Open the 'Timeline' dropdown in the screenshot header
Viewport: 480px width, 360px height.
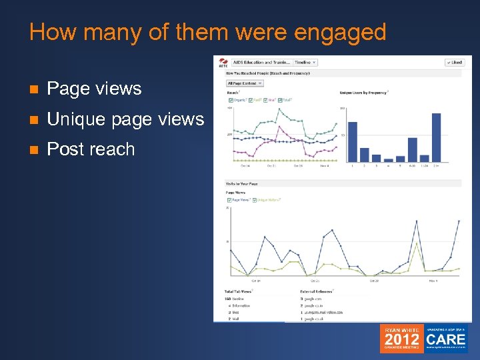click(x=305, y=62)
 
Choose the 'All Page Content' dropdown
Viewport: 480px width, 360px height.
click(x=245, y=83)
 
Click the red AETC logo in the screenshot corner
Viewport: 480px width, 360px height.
click(x=222, y=63)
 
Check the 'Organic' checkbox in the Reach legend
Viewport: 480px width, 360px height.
click(x=229, y=100)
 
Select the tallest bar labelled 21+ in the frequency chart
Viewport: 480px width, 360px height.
click(x=436, y=137)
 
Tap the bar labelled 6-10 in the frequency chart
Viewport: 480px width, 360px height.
click(x=412, y=150)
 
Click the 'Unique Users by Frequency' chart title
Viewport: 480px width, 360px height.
click(x=364, y=92)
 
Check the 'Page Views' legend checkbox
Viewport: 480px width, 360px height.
click(x=229, y=199)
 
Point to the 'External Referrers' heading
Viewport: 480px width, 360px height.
click(x=317, y=291)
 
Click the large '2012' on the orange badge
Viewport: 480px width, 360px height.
click(x=402, y=339)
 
